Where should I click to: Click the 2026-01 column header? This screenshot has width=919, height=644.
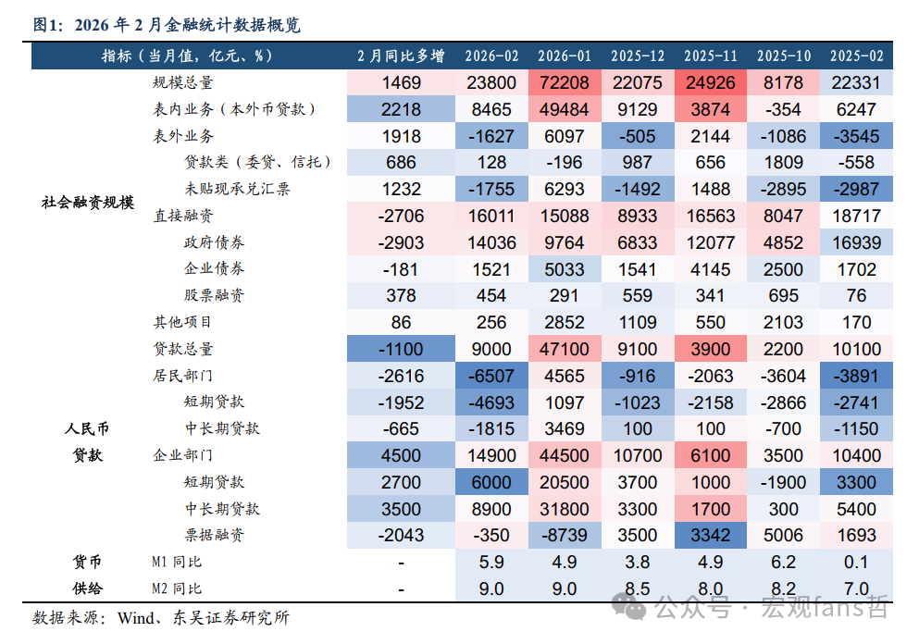pyautogui.click(x=564, y=56)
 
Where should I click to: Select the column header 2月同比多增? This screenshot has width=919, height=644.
pyautogui.click(x=401, y=56)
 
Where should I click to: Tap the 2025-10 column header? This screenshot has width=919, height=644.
pyautogui.click(x=783, y=56)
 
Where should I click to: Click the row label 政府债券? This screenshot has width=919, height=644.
pyautogui.click(x=214, y=242)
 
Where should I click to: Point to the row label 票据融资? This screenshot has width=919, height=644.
pyautogui.click(x=214, y=535)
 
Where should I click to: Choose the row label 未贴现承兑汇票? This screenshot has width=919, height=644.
pyautogui.click(x=237, y=189)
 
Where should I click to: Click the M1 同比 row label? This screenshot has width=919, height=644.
pyautogui.click(x=177, y=562)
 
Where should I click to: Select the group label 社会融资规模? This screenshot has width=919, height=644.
pyautogui.click(x=88, y=203)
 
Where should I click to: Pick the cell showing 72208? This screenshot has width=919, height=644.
pyautogui.click(x=564, y=82)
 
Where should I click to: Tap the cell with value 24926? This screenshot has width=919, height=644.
pyautogui.click(x=710, y=82)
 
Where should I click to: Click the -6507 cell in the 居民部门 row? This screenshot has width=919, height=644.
pyautogui.click(x=491, y=376)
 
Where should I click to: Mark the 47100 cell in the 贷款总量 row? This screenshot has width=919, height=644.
pyautogui.click(x=564, y=349)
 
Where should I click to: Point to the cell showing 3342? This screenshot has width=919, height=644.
pyautogui.click(x=710, y=535)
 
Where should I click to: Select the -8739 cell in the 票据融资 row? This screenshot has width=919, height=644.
pyautogui.click(x=564, y=535)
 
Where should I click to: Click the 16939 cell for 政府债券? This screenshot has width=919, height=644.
pyautogui.click(x=856, y=242)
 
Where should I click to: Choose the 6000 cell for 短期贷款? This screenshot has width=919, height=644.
pyautogui.click(x=491, y=482)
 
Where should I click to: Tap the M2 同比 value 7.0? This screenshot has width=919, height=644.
pyautogui.click(x=856, y=588)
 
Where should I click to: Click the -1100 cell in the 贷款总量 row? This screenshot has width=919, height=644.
pyautogui.click(x=401, y=349)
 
